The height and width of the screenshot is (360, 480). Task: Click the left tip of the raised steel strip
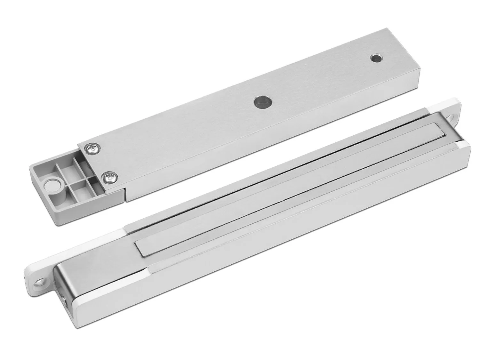(x=141, y=253)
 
